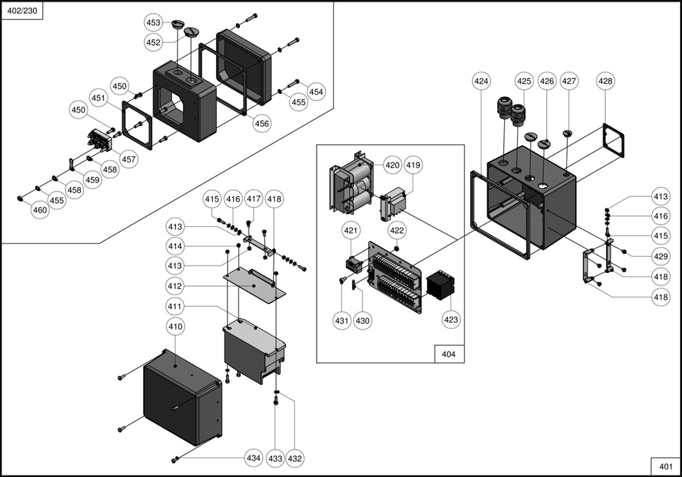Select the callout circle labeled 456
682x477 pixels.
[262, 123]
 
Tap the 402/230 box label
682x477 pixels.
[22, 12]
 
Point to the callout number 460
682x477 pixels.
[40, 210]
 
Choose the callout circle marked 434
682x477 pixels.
[253, 458]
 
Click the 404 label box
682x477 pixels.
[448, 354]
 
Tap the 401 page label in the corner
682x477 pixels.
[666, 466]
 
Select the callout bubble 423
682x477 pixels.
[451, 320]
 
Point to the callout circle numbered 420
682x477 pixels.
[392, 165]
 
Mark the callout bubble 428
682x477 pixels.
[605, 81]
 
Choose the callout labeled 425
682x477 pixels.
[524, 81]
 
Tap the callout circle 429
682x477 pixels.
[660, 257]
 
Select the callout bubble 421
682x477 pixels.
[351, 231]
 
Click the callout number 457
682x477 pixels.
[128, 159]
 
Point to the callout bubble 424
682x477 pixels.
[481, 81]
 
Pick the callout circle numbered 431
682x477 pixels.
[341, 321]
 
